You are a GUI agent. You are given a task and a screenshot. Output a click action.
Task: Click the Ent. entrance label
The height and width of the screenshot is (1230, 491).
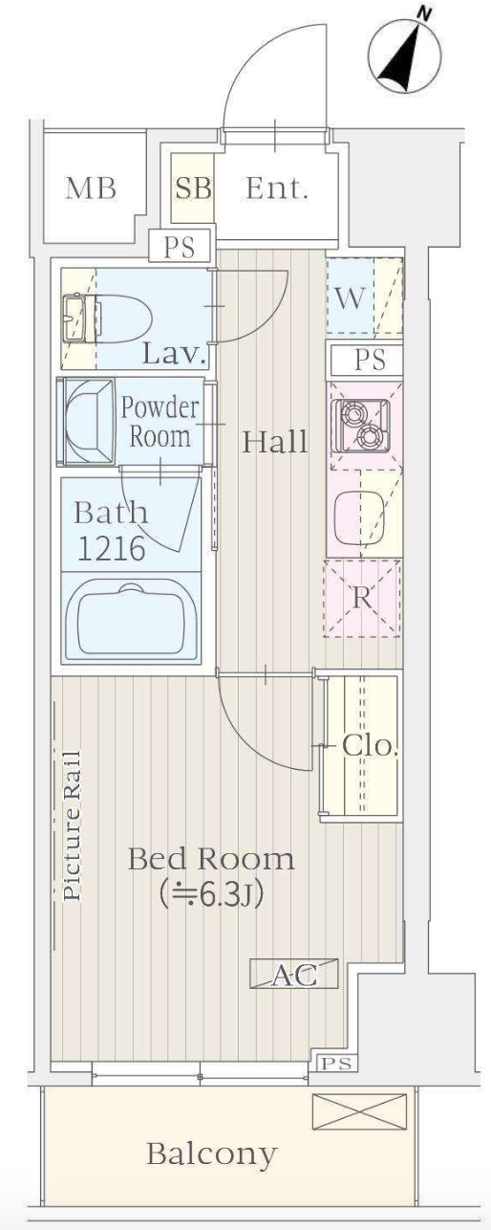[x=276, y=188]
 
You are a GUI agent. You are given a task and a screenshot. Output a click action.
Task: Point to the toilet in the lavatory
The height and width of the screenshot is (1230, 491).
[x=120, y=318]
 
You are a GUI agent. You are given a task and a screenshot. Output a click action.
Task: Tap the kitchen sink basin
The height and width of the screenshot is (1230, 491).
[x=360, y=516]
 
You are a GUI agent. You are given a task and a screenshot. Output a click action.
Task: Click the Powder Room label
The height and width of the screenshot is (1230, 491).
[x=160, y=422]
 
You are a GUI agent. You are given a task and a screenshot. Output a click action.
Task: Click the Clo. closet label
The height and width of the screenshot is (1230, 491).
[x=370, y=746]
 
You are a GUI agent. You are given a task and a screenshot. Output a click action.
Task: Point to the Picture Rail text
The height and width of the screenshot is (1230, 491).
[x=72, y=825]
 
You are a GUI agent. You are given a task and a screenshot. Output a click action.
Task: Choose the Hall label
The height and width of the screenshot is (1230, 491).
[x=275, y=442]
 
